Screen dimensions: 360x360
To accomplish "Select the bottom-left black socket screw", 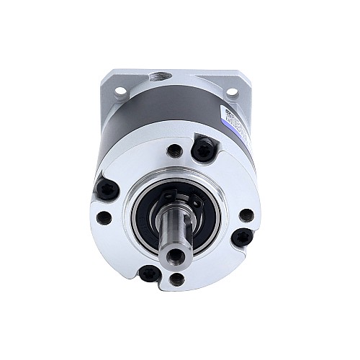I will pyautogui.click(x=149, y=273).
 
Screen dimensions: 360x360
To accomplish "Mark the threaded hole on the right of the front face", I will pyautogui.click(x=246, y=215).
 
